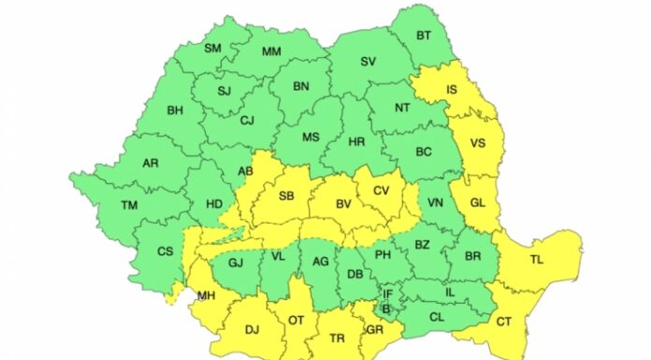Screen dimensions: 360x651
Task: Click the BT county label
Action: point(424,36)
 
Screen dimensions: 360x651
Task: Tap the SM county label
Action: point(212,48)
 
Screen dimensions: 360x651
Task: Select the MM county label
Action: point(271,51)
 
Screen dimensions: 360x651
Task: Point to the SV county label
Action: point(368,62)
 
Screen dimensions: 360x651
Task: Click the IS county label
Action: point(452,91)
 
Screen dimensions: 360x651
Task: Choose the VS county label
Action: point(477,144)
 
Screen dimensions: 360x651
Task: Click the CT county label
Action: point(504,323)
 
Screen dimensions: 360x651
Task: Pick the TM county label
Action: point(129,206)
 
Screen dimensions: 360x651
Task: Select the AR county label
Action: point(150,163)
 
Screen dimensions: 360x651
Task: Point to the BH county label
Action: point(175,110)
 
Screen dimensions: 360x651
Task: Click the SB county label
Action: point(286,196)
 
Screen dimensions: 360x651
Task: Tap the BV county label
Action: point(342,202)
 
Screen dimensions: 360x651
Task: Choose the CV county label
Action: point(381,190)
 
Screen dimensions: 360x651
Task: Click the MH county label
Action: point(205,296)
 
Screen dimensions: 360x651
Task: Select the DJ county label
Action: point(252,328)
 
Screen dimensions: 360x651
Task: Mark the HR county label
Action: point(355,142)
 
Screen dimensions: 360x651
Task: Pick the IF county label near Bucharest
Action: point(387,294)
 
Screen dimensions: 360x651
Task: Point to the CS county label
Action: point(165,251)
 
